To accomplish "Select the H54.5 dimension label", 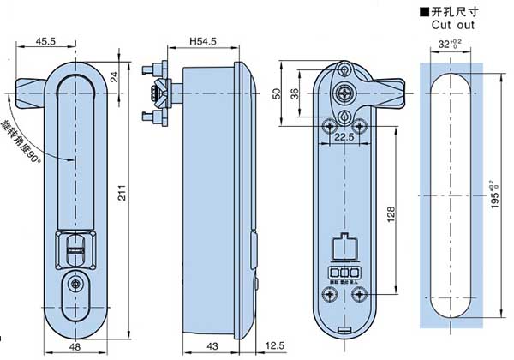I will tap(203, 40).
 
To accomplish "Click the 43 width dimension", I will tap(212, 345).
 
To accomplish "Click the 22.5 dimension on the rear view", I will tap(344, 136).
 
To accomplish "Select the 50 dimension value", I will tap(278, 93).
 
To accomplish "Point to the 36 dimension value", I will tap(296, 94).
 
